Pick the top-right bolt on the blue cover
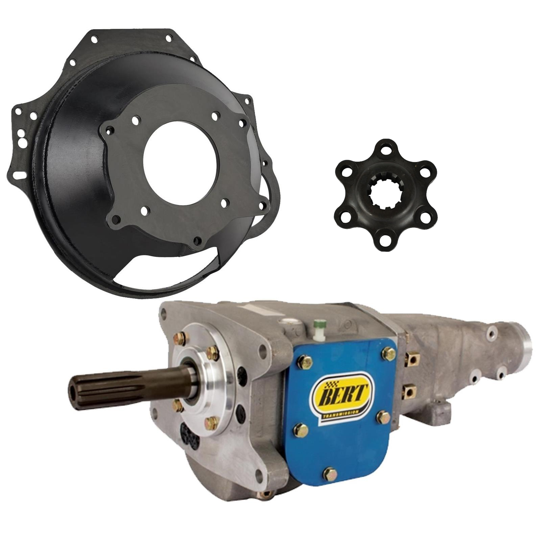point(388,353)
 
